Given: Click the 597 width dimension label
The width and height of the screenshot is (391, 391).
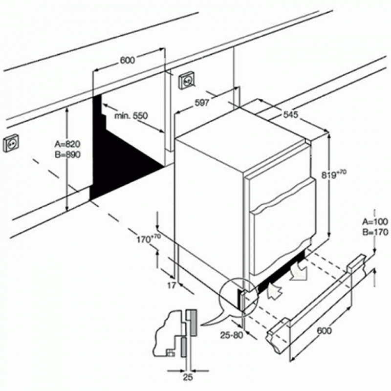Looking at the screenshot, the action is [x=202, y=103].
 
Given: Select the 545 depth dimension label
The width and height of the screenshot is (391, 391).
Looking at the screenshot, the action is [x=291, y=114].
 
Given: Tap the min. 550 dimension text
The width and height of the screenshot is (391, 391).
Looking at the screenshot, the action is [x=131, y=116].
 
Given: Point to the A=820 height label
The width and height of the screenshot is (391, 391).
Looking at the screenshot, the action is [x=67, y=144].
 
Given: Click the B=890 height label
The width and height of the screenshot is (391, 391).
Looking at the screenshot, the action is [x=67, y=154].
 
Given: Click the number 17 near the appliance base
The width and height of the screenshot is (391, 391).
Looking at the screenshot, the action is [x=172, y=285].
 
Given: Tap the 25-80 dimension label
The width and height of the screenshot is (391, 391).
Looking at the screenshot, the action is [x=231, y=335].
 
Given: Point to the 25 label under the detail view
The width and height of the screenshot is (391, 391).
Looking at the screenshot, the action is [x=188, y=377].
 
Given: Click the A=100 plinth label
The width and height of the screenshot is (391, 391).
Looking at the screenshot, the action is [x=375, y=221].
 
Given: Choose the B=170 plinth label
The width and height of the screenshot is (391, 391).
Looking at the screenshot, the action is [x=375, y=232].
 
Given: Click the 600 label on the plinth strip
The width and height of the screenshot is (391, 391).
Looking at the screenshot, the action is [x=324, y=331].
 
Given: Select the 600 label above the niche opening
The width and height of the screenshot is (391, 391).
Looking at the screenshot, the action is [x=127, y=60].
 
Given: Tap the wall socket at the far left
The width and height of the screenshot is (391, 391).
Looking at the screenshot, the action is [x=11, y=143].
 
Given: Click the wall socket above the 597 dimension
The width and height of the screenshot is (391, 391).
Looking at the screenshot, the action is [x=187, y=80].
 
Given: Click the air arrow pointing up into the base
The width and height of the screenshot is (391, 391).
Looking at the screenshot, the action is [x=274, y=290].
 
